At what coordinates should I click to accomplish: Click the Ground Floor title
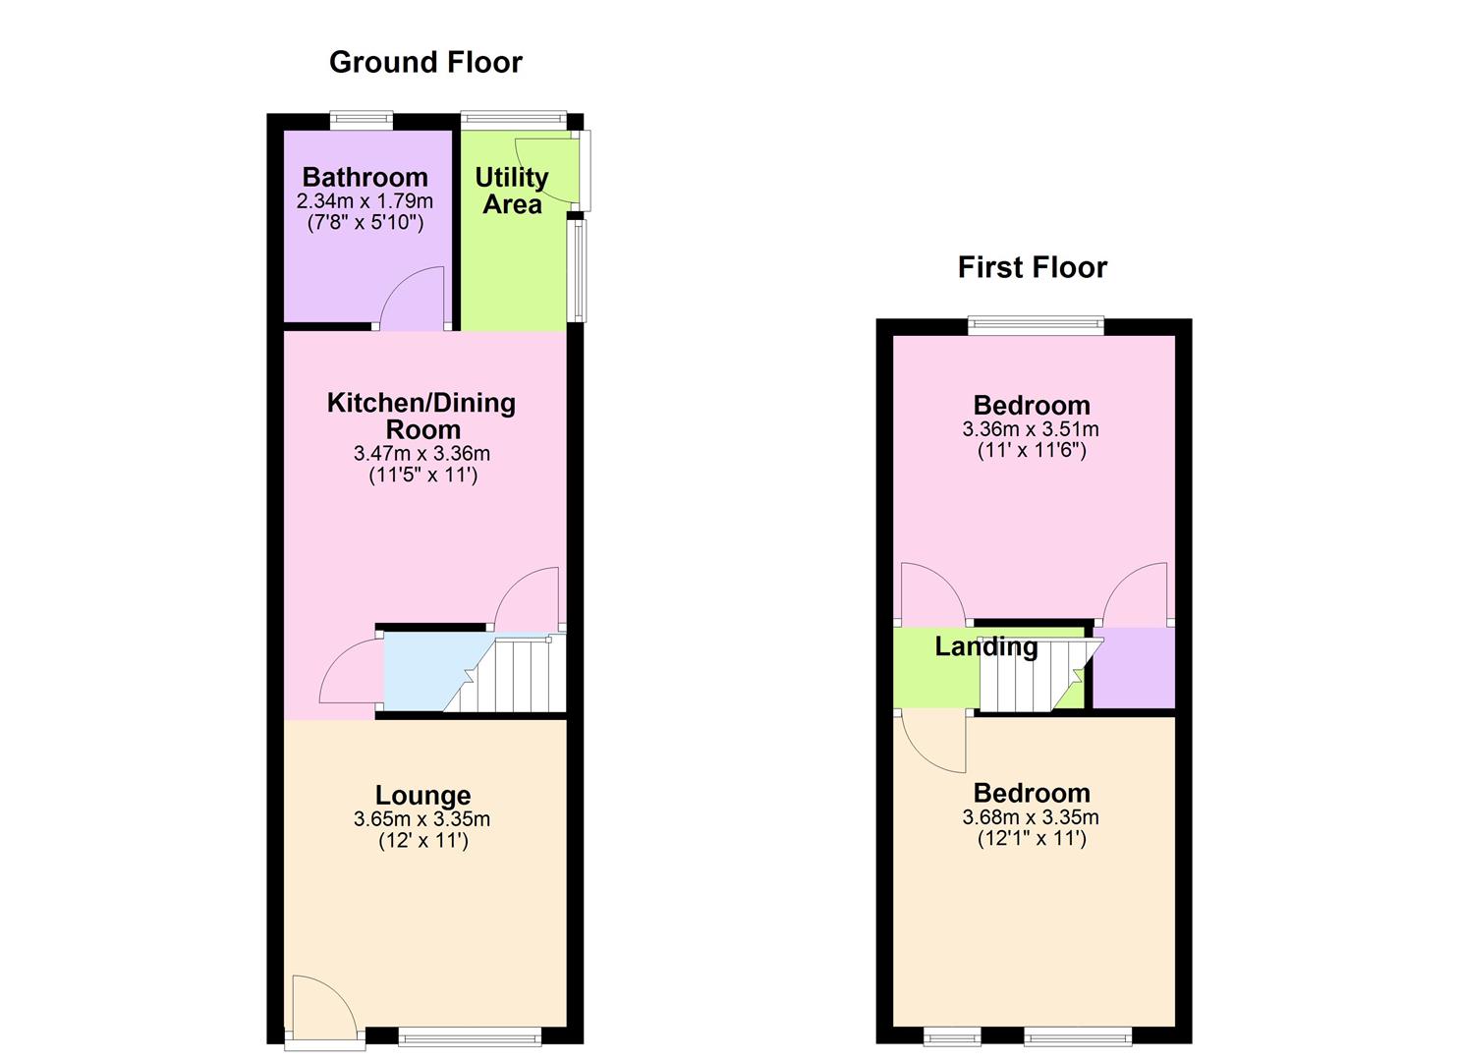[x=425, y=62]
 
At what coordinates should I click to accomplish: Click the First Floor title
[x=1032, y=267]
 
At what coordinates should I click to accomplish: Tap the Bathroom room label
[x=365, y=177]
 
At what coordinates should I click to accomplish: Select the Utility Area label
[x=512, y=191]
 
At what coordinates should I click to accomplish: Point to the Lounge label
[x=422, y=795]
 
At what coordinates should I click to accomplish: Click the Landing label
[x=985, y=646]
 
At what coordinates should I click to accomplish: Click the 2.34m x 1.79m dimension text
[x=365, y=201]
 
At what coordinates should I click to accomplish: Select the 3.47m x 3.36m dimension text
[x=421, y=454]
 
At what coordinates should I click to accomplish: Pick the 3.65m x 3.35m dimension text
[x=421, y=819]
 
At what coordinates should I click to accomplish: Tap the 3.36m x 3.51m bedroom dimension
[x=1031, y=429]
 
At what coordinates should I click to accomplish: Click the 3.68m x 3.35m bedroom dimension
[x=1031, y=817]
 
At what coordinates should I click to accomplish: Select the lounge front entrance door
[x=321, y=1006]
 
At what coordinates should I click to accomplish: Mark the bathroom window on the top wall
[x=361, y=121]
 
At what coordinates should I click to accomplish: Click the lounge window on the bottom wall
[x=470, y=1034]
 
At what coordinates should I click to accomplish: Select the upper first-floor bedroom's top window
[x=1036, y=325]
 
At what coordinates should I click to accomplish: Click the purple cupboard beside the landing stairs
[x=1134, y=667]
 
